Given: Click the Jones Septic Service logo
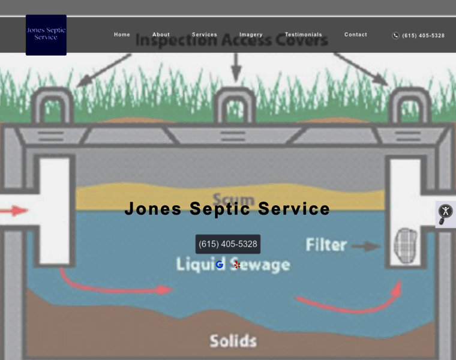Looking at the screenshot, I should point(46,35).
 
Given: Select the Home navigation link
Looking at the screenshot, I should point(122,35).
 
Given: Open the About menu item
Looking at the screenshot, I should point(161,35).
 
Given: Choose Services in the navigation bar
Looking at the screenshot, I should point(205,35).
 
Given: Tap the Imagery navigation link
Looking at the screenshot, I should point(251,35).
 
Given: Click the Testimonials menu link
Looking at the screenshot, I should point(303,35).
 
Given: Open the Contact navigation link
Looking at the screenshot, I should point(356,35).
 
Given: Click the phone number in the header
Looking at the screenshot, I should point(423,35).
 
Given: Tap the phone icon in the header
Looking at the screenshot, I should point(396,35).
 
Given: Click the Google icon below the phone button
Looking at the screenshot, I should point(220,265).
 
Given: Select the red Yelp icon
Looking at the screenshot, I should point(237,265).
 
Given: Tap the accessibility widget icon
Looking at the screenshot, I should point(445,211).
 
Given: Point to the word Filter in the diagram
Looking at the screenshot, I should point(326,245).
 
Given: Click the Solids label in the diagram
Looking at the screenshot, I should point(233,341).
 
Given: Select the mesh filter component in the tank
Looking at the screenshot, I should point(405,245).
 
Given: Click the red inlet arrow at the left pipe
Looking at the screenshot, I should point(14,211).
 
